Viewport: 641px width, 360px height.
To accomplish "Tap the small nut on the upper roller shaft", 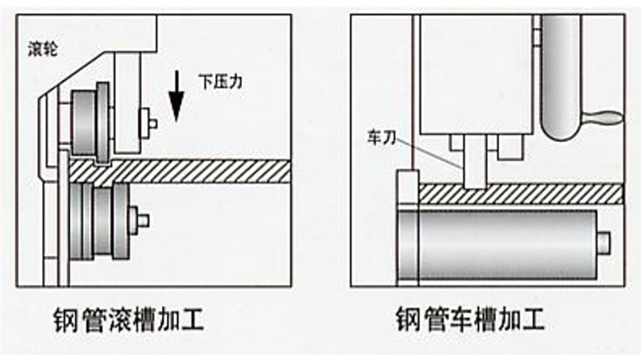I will coord(153,121).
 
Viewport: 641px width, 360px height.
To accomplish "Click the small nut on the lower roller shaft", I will coord(143,220).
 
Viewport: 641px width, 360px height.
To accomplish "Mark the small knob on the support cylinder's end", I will coord(604,242).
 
